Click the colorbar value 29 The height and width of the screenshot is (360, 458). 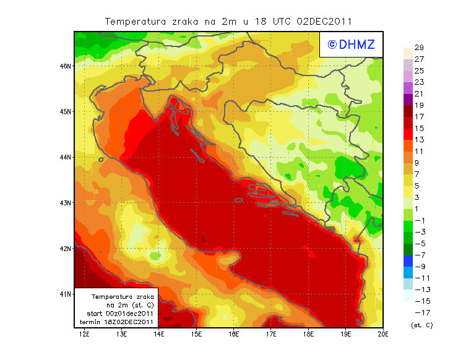419,48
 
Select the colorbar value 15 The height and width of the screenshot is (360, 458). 419,129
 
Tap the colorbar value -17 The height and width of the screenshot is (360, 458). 419,312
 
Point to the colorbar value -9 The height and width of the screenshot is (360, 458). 419,267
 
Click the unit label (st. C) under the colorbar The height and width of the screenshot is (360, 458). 421,325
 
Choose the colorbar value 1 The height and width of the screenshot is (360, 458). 419,209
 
